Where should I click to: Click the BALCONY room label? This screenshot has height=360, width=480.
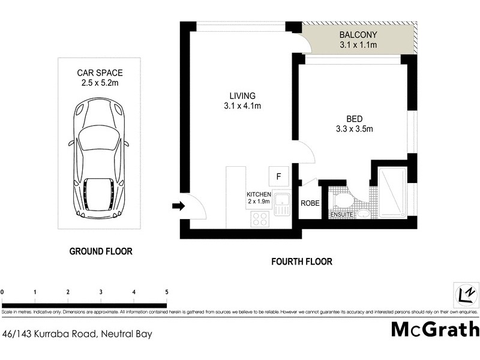point(358,35)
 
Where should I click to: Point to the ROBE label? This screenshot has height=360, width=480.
point(310,203)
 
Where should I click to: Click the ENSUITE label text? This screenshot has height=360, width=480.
point(341,214)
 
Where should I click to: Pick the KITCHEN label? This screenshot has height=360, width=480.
point(259,195)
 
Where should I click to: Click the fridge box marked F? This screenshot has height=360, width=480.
point(278,176)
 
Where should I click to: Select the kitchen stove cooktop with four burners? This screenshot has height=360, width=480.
point(260,219)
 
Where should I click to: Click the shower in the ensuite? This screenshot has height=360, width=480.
point(393,192)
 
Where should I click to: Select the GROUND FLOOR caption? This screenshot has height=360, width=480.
point(101,251)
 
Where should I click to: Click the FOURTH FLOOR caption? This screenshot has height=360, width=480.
point(302,262)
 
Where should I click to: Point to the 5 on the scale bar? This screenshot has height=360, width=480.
point(166,292)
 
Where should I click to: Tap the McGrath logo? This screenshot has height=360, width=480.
point(436,329)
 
